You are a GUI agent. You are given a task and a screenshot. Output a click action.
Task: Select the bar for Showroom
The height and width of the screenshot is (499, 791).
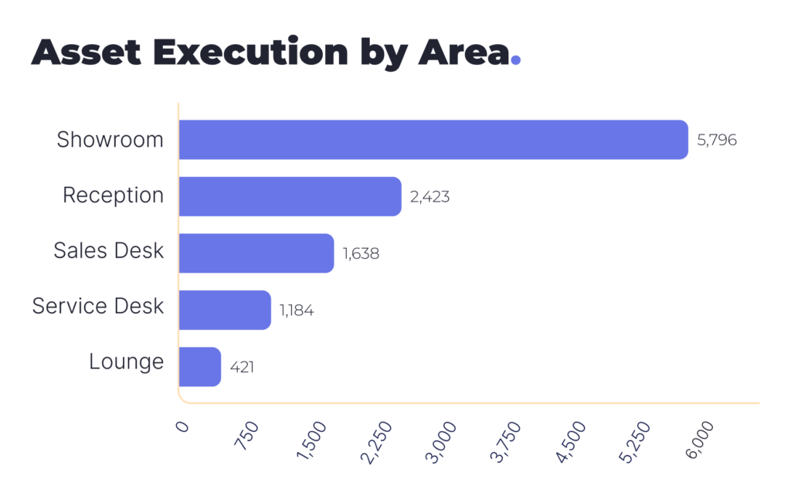(x=433, y=140)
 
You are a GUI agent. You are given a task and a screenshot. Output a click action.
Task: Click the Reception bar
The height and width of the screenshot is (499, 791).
(x=290, y=196)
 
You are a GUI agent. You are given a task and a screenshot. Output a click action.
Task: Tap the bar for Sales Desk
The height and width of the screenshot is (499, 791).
(x=256, y=253)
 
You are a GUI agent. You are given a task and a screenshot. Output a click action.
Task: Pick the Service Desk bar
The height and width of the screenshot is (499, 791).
(x=224, y=310)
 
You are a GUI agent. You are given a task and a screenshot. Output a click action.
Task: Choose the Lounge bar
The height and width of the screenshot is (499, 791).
(x=199, y=366)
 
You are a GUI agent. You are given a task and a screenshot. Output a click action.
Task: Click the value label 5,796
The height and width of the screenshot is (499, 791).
(x=717, y=141)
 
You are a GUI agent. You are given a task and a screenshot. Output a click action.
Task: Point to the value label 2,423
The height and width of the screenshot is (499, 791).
(x=429, y=197)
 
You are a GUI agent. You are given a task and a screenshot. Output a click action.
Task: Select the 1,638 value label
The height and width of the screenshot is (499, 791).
(x=361, y=253)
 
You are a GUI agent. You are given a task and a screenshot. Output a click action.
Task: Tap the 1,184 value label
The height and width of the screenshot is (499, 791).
(x=297, y=311)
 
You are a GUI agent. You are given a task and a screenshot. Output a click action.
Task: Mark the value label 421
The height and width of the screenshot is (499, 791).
(x=241, y=367)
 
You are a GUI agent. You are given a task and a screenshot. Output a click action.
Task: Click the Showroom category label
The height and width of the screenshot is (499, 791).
(x=110, y=140)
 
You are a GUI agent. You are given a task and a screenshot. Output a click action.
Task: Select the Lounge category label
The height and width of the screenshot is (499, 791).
(x=126, y=362)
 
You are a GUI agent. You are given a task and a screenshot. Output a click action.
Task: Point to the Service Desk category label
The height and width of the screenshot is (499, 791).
(x=98, y=306)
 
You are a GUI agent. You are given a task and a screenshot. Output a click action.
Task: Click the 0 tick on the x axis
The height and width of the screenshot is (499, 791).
(x=182, y=426)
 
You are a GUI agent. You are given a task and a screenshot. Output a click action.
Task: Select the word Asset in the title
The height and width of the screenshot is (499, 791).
(x=86, y=52)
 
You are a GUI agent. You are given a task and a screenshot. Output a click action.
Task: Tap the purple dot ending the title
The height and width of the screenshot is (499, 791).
(x=516, y=60)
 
